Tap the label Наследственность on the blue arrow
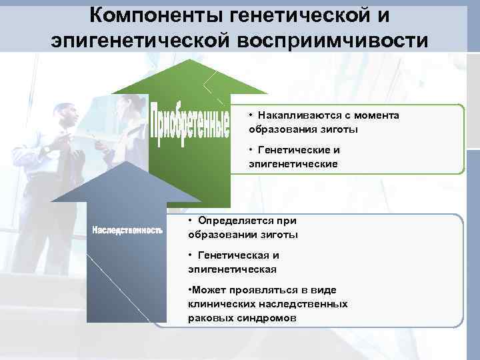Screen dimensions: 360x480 pyautogui.click(x=127, y=231)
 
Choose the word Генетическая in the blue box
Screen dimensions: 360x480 pyautogui.click(x=231, y=255)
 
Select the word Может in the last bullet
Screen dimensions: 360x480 pyautogui.click(x=207, y=290)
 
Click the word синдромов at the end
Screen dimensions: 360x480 pyautogui.click(x=267, y=318)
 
